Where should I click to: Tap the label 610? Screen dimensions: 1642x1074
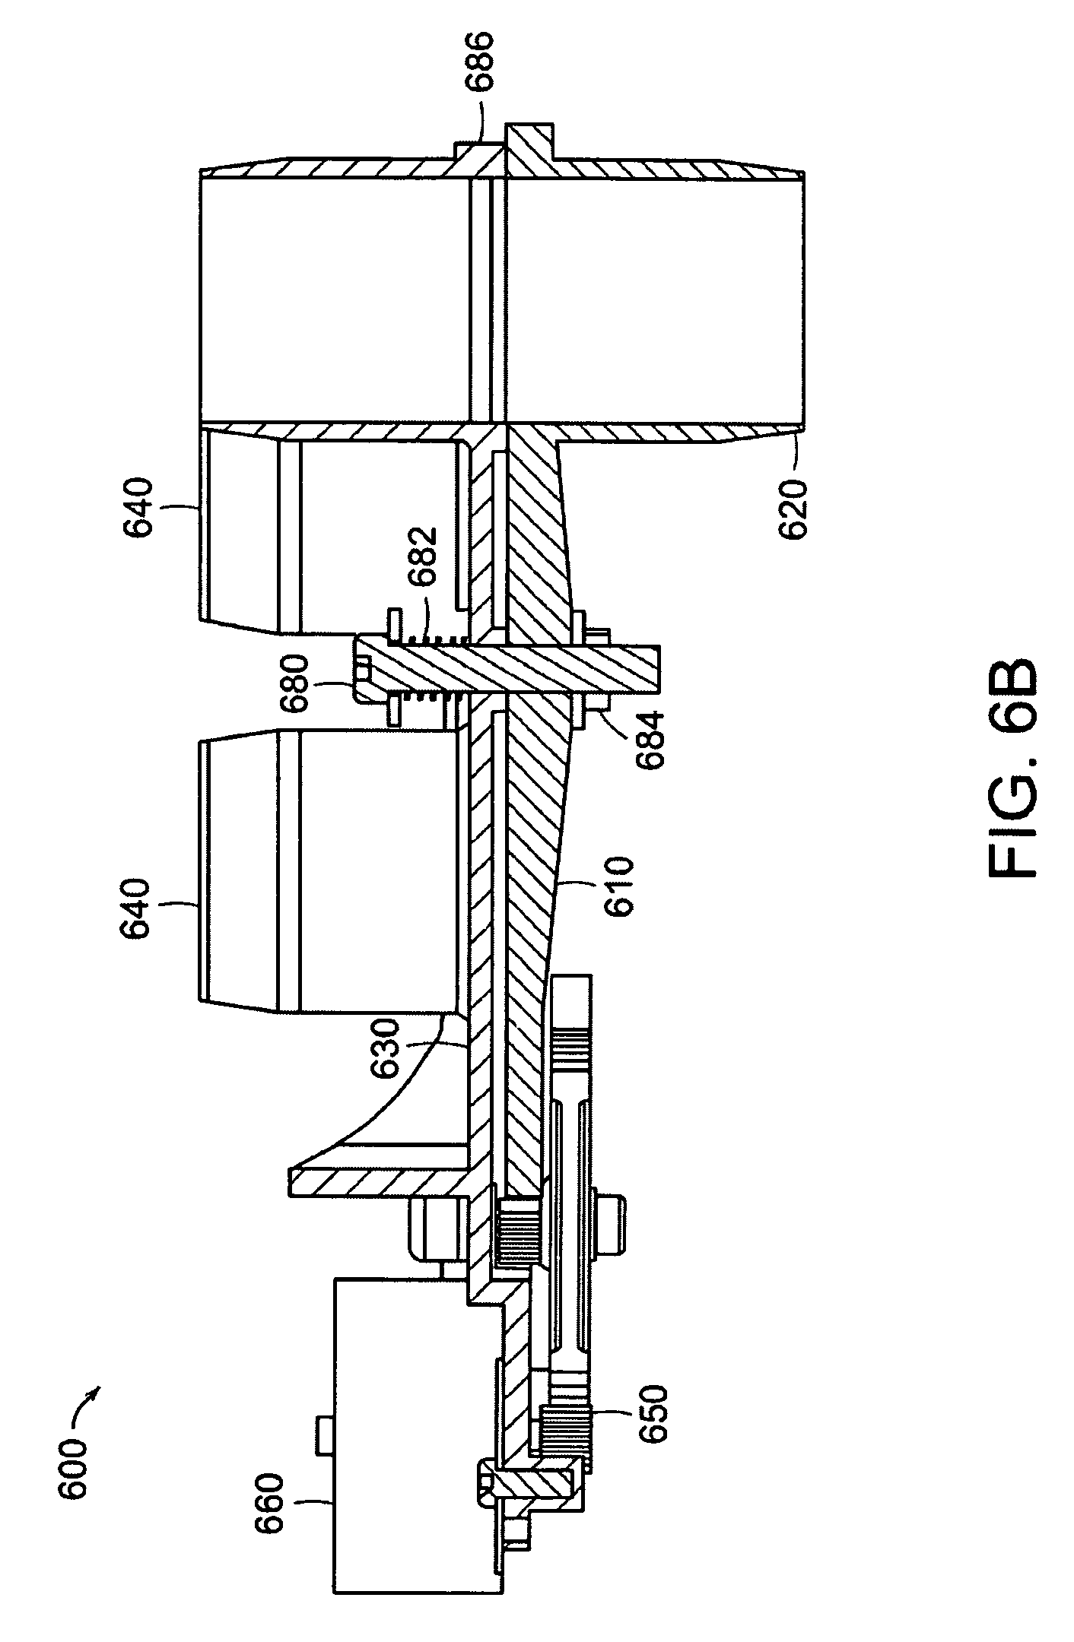point(618,887)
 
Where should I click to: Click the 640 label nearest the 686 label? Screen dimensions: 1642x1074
point(142,506)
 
